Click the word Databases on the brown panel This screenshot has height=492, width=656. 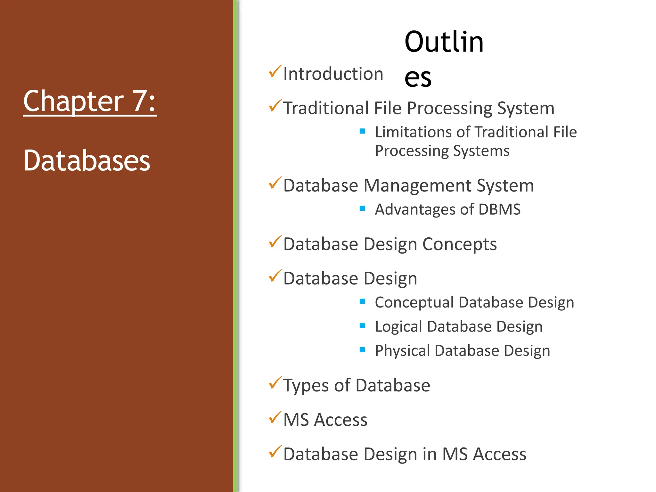coord(87,160)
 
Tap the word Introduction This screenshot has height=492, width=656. coord(333,74)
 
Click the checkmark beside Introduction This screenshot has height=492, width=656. coord(275,71)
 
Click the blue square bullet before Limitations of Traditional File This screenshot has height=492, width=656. coord(362,131)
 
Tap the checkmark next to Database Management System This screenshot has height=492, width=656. coord(275,183)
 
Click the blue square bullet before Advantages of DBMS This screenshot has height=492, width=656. coord(362,209)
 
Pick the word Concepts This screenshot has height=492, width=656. coord(459,244)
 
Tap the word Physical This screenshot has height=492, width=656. coord(402,351)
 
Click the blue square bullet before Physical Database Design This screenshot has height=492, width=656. coord(362,350)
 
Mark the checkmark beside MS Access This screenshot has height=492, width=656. coord(275,418)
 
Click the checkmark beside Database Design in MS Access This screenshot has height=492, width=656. coord(275,452)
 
